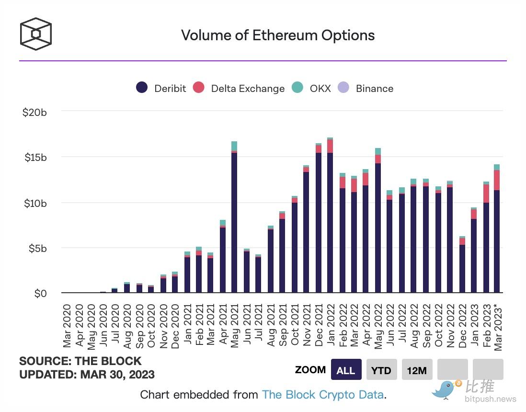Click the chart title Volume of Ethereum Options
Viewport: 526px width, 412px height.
[x=277, y=35]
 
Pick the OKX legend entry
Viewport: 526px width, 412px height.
[x=311, y=88]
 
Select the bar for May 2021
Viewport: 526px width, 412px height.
[x=234, y=220]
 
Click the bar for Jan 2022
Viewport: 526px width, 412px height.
[x=330, y=220]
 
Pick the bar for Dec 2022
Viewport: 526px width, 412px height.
[x=462, y=268]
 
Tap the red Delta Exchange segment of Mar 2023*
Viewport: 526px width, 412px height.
[x=497, y=180]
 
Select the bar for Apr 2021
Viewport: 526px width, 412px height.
[x=222, y=259]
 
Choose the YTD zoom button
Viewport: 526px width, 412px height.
[x=381, y=370]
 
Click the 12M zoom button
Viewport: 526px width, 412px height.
[x=417, y=370]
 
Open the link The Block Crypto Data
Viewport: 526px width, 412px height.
[x=323, y=395]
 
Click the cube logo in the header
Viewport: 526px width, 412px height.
[x=35, y=34]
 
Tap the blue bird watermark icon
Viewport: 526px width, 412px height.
[x=444, y=390]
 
